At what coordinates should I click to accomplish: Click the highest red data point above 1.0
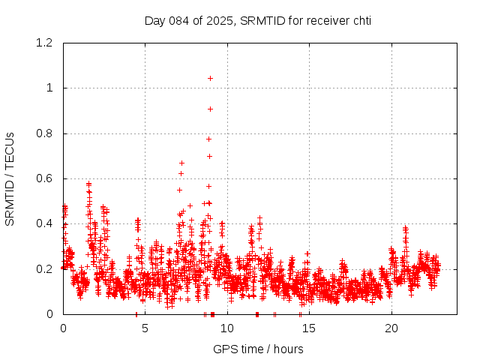click(210, 78)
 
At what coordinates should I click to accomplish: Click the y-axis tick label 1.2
click(46, 43)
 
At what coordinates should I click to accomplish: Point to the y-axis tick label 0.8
click(46, 133)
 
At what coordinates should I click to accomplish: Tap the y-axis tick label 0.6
click(46, 178)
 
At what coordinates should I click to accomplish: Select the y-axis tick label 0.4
click(46, 223)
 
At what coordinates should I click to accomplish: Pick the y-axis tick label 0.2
click(46, 269)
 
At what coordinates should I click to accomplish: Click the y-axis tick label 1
click(50, 88)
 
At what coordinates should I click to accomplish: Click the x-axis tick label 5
click(145, 328)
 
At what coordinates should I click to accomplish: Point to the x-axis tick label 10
click(227, 328)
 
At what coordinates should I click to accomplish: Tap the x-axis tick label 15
click(310, 328)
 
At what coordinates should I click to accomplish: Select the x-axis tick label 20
click(391, 328)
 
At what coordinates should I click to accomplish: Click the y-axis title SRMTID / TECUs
click(10, 178)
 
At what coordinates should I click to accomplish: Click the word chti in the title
click(362, 20)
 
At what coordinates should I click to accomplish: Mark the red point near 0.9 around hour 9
click(210, 109)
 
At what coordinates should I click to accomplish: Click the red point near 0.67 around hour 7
click(181, 163)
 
